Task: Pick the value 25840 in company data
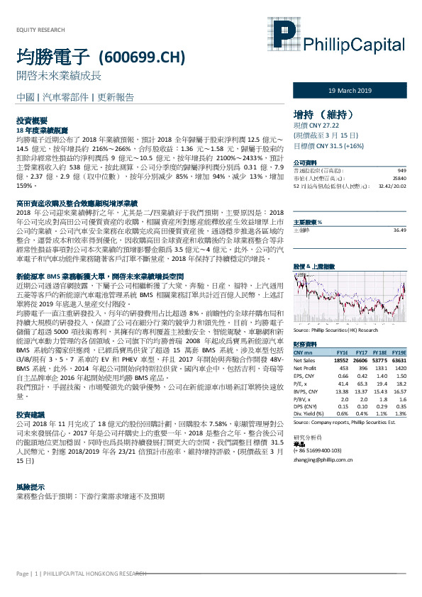pyautogui.click(x=400, y=177)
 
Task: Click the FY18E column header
pyautogui.click(x=381, y=352)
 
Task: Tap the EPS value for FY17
pyautogui.click(x=361, y=376)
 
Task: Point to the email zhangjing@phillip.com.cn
pyautogui.click(x=323, y=440)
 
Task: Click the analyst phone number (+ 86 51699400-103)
pyautogui.click(x=323, y=432)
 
